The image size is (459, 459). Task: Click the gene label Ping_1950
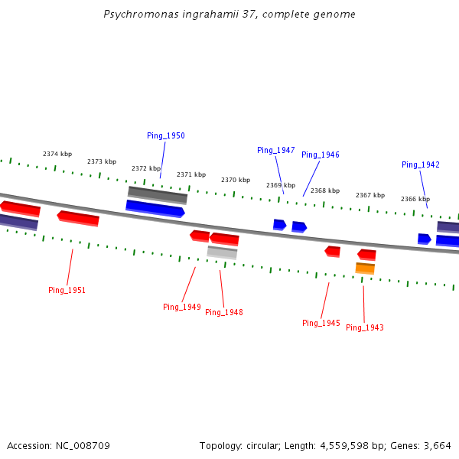166,135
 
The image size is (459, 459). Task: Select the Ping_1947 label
275,150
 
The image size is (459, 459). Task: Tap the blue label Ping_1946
320,155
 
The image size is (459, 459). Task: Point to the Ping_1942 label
421,164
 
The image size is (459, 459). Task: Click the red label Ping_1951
67,290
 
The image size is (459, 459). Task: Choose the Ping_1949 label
182,307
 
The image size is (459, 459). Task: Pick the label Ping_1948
224,312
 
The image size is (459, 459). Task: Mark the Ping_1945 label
321,323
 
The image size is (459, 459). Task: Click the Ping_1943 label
365,327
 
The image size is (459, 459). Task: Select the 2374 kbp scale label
57,154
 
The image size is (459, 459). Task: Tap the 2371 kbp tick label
191,174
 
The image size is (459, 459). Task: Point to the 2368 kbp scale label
325,190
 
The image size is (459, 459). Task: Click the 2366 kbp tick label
415,199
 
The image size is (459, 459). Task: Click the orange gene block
365,268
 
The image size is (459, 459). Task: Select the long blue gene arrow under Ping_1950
155,208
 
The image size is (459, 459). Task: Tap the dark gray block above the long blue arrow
158,194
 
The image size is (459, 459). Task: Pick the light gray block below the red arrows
222,252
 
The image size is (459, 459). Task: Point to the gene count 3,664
436,445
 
